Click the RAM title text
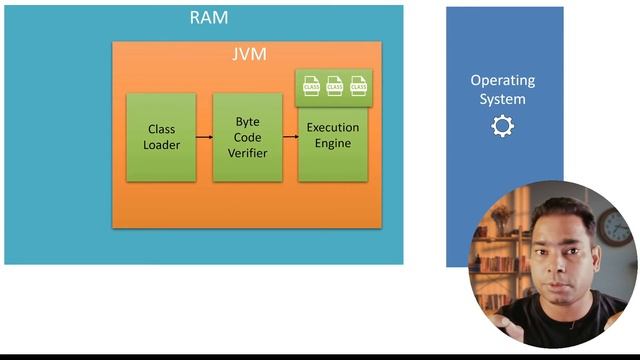click(209, 18)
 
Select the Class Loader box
click(161, 137)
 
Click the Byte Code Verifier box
click(247, 137)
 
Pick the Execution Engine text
click(333, 135)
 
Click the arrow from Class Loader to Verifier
click(204, 137)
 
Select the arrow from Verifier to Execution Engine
click(290, 137)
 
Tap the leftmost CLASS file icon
click(311, 87)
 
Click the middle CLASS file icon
click(335, 87)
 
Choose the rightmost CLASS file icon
click(358, 87)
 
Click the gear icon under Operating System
click(502, 127)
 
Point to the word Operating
click(503, 80)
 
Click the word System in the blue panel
click(503, 99)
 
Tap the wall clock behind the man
click(616, 229)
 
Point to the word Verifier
click(247, 153)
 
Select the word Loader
click(161, 145)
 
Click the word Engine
click(333, 143)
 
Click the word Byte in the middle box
click(247, 121)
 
